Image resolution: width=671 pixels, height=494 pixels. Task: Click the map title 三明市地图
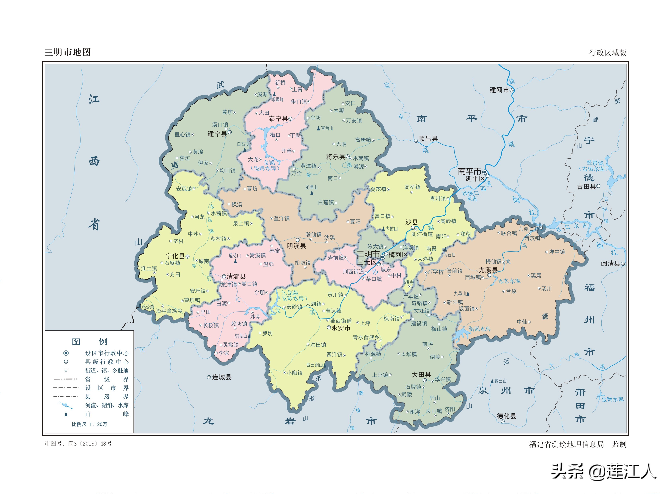68,52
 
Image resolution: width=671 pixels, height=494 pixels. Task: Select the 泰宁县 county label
278,119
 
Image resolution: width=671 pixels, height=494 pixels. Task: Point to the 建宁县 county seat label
217,134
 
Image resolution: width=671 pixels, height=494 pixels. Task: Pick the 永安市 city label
341,328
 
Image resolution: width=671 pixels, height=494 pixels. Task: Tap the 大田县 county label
421,375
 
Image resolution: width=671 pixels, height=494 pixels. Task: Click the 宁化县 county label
175,256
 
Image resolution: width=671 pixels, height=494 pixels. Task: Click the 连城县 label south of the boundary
221,377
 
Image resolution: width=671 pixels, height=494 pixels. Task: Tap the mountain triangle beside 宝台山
318,128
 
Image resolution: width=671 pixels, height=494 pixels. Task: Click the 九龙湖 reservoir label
289,293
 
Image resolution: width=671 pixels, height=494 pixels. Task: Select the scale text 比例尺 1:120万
89,424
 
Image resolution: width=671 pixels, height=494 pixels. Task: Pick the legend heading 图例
90,341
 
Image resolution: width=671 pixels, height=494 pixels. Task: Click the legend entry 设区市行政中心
107,353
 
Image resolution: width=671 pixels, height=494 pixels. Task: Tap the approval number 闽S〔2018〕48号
90,443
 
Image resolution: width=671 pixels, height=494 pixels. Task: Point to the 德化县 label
506,416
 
